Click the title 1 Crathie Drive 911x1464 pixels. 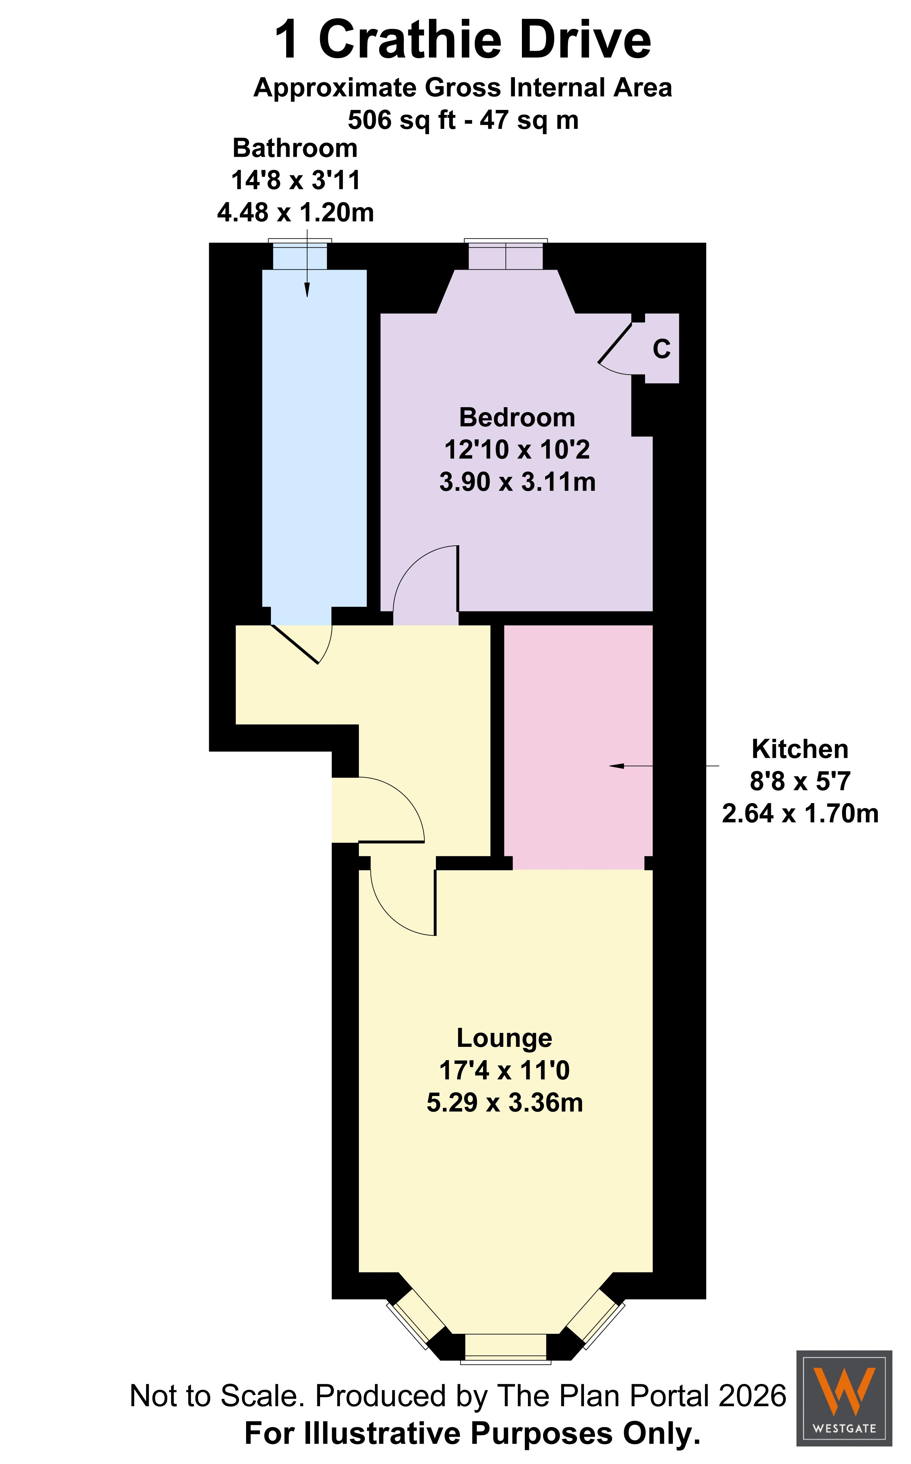pos(463,40)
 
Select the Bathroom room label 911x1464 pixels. pos(295,148)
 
